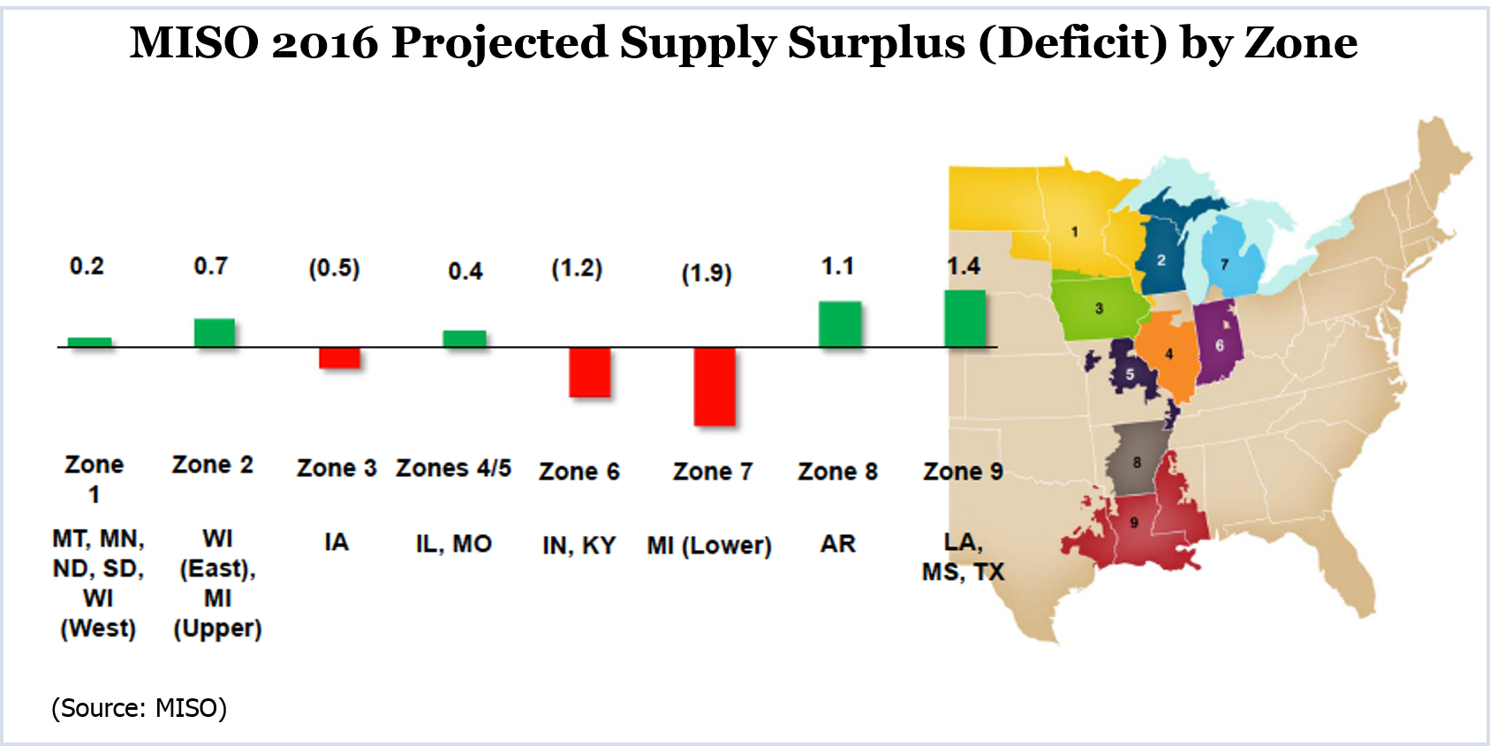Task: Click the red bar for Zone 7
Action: click(715, 387)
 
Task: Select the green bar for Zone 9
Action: click(964, 319)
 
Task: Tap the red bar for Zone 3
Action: click(339, 358)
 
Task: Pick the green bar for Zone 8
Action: click(840, 324)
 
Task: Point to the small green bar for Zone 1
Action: click(89, 343)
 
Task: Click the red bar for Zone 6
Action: click(590, 373)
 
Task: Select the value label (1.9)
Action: click(707, 274)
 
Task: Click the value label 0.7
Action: click(211, 266)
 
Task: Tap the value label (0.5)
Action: click(334, 268)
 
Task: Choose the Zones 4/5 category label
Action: click(453, 468)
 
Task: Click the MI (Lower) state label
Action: click(709, 546)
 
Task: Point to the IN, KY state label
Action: click(579, 546)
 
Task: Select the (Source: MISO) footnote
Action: click(140, 708)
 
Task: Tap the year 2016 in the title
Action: click(324, 43)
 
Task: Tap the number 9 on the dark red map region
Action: click(1134, 523)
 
